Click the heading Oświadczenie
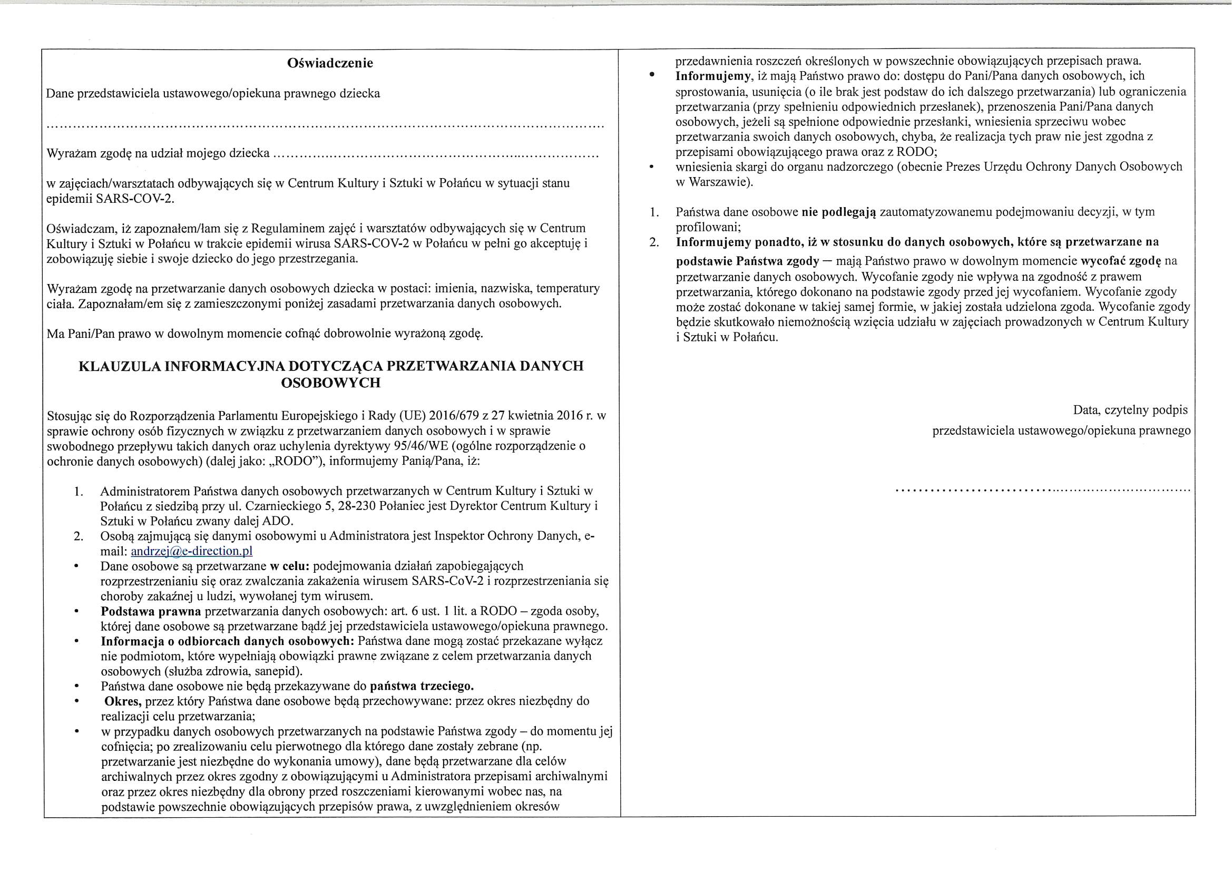point(330,63)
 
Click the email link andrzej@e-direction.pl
point(192,551)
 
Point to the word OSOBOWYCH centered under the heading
point(330,383)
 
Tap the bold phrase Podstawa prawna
point(151,611)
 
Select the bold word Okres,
point(123,701)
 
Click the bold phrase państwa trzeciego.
point(422,687)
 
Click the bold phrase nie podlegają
point(839,212)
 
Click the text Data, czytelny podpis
point(1130,410)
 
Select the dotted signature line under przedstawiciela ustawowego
point(1043,490)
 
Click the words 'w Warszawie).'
point(714,182)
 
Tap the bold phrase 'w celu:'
point(289,566)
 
